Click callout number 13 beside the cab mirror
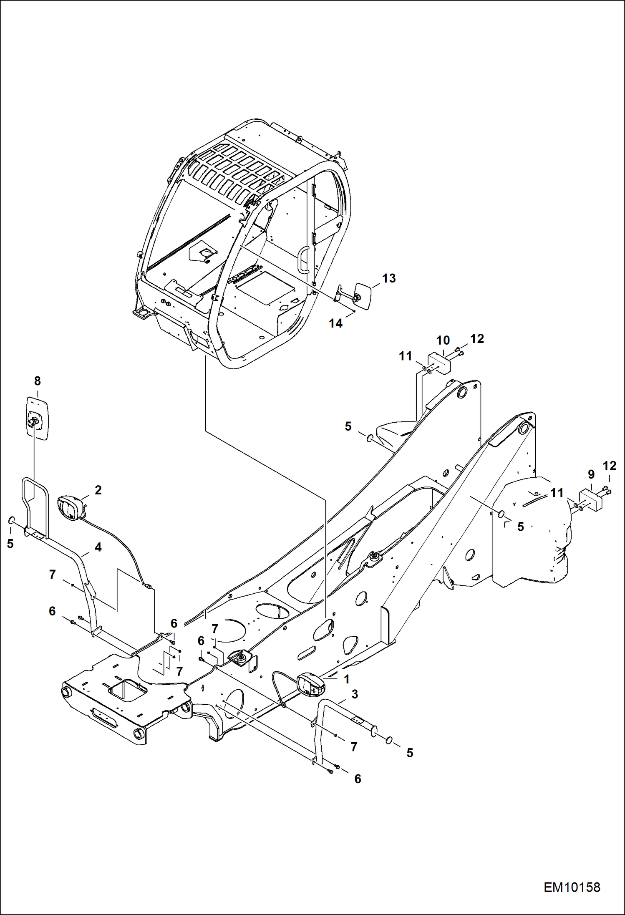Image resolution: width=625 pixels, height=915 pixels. tap(389, 278)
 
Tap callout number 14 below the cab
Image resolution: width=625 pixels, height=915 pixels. tap(335, 323)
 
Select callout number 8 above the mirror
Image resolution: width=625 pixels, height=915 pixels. tap(38, 381)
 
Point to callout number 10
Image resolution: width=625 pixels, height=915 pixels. tap(443, 340)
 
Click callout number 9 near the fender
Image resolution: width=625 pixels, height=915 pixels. tap(591, 474)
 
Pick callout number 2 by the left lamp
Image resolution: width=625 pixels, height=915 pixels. tap(98, 490)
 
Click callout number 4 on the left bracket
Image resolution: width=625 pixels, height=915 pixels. tap(98, 547)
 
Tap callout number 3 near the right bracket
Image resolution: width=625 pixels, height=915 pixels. tap(354, 694)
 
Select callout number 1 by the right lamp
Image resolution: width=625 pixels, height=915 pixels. tap(346, 680)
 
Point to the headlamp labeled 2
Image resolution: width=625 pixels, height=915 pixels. tap(68, 507)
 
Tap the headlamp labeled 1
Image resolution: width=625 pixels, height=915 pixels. tap(310, 685)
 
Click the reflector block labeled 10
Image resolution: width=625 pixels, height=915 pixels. tap(439, 363)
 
